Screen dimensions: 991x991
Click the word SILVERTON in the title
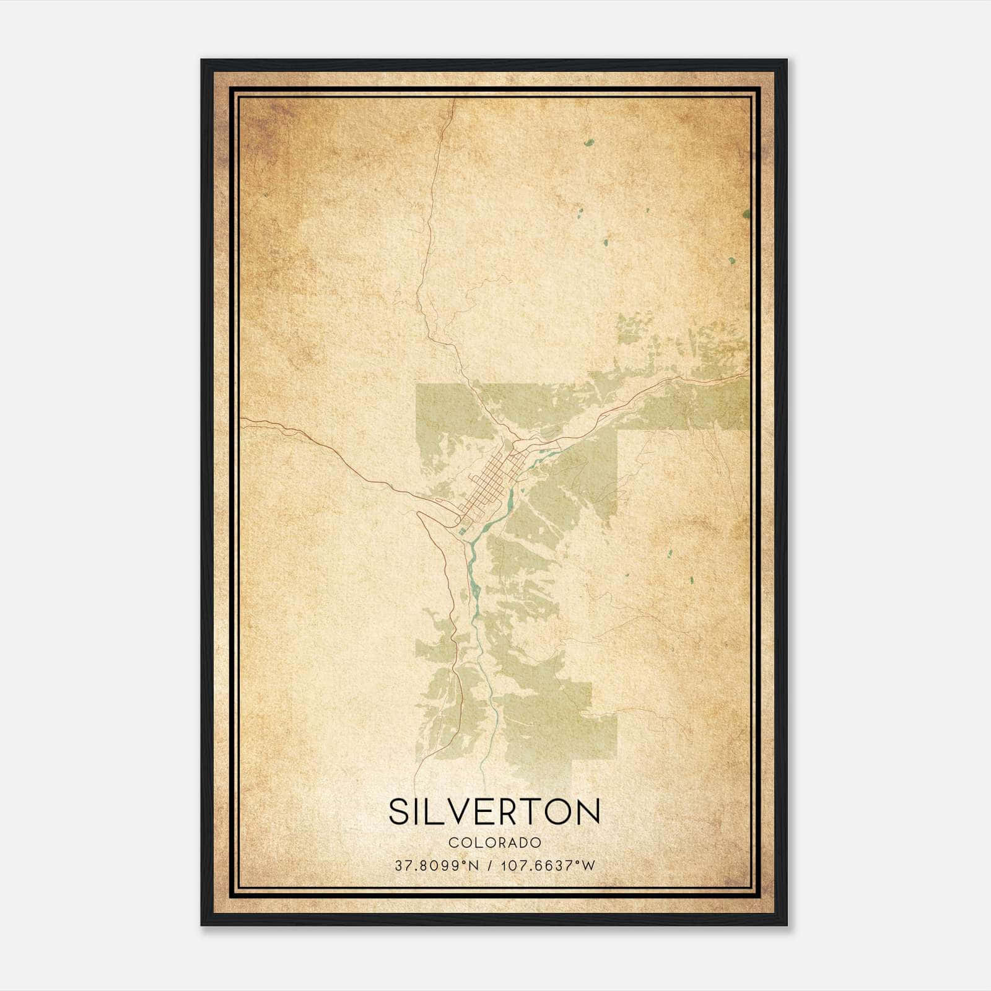494,812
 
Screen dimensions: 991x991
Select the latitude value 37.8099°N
437,866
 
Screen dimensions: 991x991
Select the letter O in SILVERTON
559,812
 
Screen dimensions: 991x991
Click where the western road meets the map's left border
242,419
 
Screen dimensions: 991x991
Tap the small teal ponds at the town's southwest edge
461,530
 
